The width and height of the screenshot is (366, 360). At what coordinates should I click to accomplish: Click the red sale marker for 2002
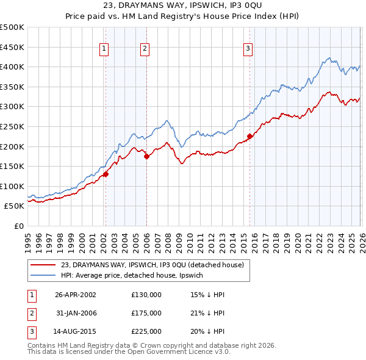click(x=106, y=174)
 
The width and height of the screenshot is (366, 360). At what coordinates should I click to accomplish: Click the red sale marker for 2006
click(x=146, y=156)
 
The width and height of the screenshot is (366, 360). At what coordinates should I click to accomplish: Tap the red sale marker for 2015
click(x=249, y=136)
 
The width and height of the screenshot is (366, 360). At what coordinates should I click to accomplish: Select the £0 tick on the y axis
click(x=20, y=226)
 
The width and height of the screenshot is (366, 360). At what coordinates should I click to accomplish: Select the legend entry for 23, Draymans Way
click(x=152, y=265)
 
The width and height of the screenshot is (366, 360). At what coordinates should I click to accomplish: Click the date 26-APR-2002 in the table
click(x=75, y=295)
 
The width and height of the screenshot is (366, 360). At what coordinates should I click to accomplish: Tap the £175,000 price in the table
click(x=146, y=313)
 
